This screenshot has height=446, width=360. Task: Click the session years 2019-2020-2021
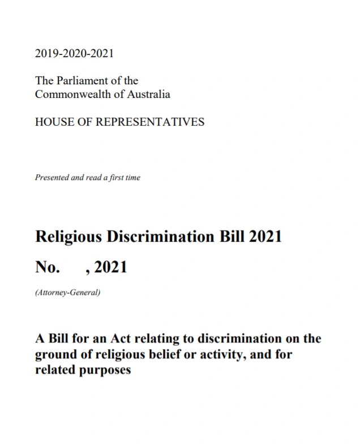[74, 54]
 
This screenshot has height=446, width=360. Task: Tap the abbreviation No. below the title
[47, 267]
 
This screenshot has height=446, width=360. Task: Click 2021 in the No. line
[110, 267]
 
